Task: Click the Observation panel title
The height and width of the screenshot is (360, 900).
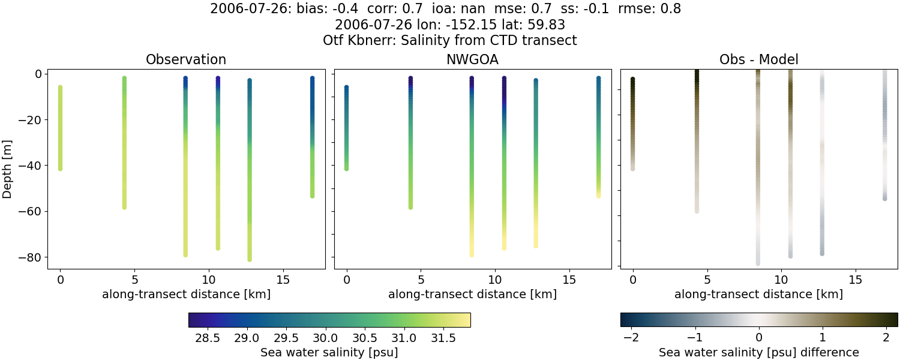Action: [186, 60]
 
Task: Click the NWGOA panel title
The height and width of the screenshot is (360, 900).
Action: [472, 60]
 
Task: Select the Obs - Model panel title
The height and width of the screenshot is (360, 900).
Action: [758, 60]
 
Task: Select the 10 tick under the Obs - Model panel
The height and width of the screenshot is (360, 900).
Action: [781, 280]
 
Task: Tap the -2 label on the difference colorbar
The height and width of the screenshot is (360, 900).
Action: [631, 337]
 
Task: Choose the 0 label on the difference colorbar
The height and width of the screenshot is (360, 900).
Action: [758, 337]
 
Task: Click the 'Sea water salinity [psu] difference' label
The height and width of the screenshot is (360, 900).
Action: [758, 352]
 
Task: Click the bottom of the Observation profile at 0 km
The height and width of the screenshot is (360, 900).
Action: [60, 169]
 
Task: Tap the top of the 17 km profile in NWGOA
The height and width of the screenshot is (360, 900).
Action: [598, 79]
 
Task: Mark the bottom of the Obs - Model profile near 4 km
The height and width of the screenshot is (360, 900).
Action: [697, 211]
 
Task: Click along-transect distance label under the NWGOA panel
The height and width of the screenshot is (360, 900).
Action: [472, 295]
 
